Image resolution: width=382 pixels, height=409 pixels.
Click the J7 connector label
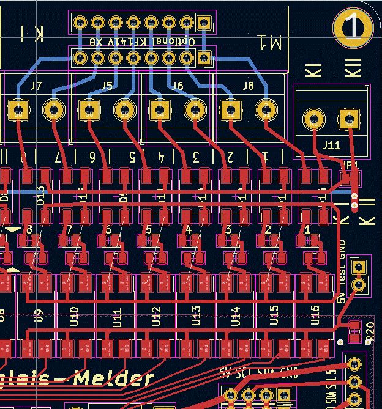(36, 86)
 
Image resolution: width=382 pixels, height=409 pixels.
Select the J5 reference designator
(107, 86)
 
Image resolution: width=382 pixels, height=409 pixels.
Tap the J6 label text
(178, 86)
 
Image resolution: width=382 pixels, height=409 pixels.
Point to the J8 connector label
(249, 86)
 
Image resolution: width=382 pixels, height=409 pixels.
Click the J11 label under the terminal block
(331, 146)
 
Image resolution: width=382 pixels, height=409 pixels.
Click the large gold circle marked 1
(353, 28)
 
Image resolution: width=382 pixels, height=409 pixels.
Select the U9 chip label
(39, 315)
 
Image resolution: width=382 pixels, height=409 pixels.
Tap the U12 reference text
(156, 315)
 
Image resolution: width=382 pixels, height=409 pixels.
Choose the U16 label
(315, 315)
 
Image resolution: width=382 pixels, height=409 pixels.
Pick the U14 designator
(235, 315)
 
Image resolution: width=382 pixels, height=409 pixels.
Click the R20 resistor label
(370, 331)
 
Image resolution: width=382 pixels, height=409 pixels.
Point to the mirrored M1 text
(270, 42)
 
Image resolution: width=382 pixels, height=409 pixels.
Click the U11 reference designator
(116, 315)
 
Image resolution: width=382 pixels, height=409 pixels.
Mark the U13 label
(196, 315)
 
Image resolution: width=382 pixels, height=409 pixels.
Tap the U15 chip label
(275, 315)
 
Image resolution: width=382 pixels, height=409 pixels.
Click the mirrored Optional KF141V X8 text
(141, 42)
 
